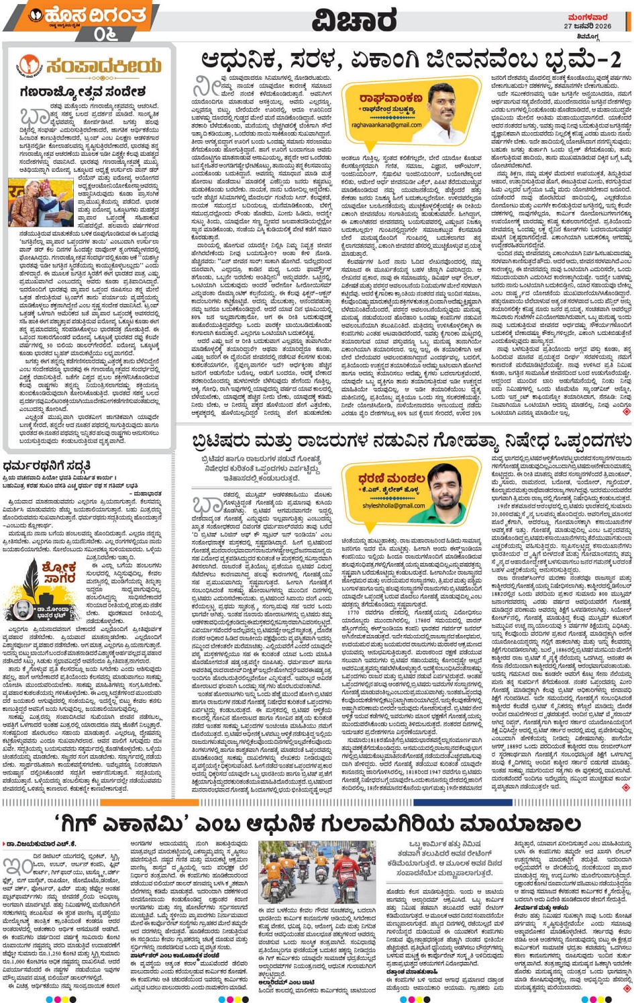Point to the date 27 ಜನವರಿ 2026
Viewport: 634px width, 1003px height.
tap(587, 26)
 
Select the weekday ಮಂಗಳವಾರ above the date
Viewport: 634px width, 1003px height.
tap(588, 17)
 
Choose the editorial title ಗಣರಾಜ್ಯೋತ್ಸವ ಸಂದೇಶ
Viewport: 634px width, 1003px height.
tap(83, 91)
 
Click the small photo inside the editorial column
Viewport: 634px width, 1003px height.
tap(41, 202)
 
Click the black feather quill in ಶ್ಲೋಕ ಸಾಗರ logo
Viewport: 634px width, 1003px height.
tap(31, 579)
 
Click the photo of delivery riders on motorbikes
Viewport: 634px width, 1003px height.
tap(317, 872)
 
